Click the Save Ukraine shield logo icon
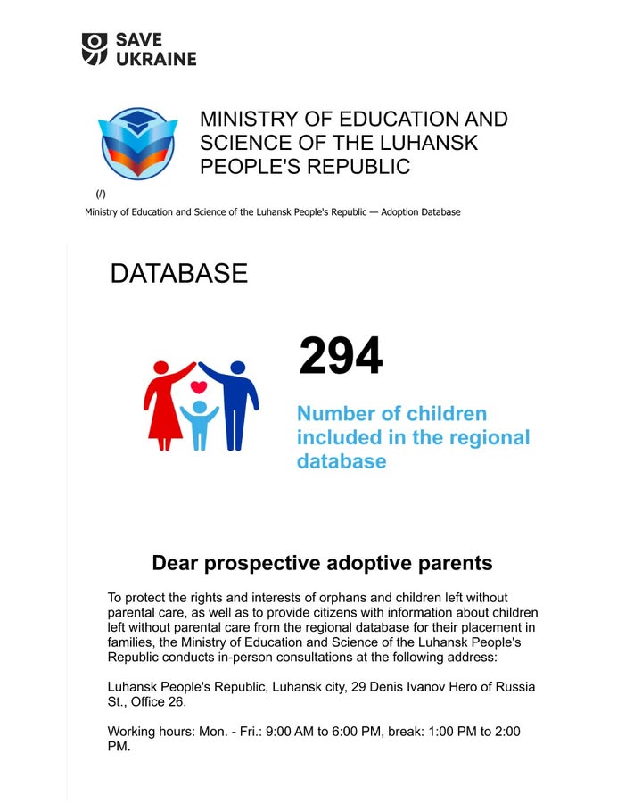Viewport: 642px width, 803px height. pos(95,48)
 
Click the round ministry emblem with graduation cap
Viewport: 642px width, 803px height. pos(137,145)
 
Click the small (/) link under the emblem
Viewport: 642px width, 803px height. pos(101,194)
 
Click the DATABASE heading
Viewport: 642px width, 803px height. pos(178,274)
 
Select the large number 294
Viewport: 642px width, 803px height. pos(341,357)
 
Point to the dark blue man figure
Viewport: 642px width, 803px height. pos(235,401)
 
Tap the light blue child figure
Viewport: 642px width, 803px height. pos(200,424)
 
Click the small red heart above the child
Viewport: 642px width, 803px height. pos(200,388)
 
